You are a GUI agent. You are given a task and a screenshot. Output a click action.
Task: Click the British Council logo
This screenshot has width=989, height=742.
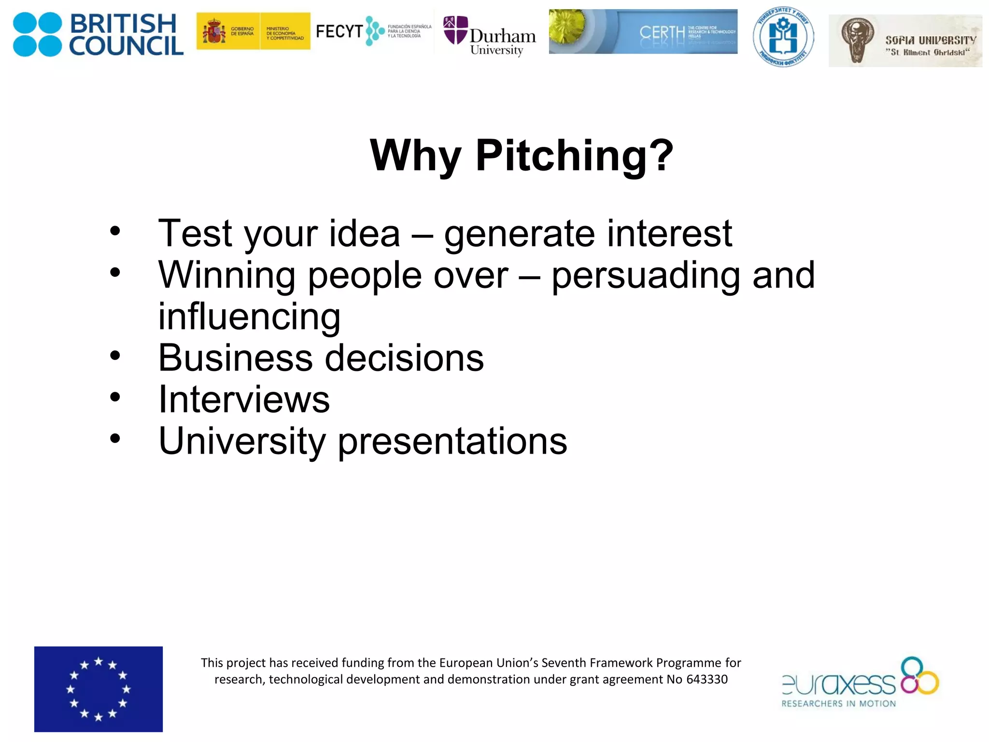click(x=98, y=34)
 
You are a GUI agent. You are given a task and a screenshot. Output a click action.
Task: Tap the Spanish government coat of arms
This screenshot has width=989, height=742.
click(x=214, y=32)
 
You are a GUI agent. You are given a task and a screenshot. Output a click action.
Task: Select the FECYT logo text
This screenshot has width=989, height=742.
click(x=339, y=32)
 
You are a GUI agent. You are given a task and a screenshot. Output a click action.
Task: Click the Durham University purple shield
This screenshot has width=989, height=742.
click(x=455, y=30)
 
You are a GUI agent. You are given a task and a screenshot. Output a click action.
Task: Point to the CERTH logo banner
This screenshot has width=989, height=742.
click(x=643, y=31)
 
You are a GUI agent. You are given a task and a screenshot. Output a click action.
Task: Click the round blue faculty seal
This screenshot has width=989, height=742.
click(x=783, y=37)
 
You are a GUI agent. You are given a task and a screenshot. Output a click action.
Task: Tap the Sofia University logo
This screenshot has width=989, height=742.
click(x=905, y=41)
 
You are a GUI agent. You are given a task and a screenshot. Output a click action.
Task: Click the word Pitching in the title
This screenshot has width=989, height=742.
click(x=574, y=156)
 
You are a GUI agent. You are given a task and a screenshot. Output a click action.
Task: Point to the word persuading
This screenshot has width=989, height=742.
click(x=646, y=275)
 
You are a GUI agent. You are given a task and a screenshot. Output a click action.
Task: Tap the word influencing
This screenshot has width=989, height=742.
click(x=249, y=316)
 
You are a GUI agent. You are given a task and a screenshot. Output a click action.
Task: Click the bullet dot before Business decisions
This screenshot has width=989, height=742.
click(x=115, y=356)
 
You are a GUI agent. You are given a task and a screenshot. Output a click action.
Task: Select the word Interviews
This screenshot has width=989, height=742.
click(x=244, y=400)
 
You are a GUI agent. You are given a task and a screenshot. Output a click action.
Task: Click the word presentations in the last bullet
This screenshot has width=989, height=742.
click(x=452, y=442)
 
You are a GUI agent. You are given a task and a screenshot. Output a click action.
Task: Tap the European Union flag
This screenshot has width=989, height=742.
click(x=99, y=689)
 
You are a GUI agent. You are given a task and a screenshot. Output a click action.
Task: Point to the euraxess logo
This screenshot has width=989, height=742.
click(x=860, y=683)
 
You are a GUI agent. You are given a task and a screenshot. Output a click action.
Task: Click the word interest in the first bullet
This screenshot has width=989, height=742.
click(x=669, y=233)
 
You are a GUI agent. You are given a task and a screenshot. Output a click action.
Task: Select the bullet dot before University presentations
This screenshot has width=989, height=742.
click(x=115, y=439)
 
